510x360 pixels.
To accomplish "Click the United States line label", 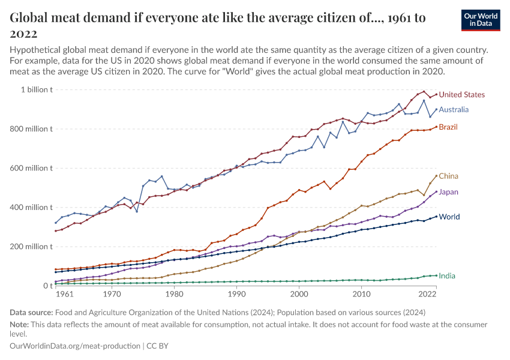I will [461, 95].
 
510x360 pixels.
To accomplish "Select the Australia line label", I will [454, 110].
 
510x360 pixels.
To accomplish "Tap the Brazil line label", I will [448, 127].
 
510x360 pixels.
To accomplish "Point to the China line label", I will [448, 176].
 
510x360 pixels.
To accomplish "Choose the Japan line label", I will [449, 192].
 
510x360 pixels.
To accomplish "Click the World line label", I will [449, 217].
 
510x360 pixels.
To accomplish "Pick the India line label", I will [446, 275].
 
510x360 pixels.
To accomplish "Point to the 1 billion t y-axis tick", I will [37, 90].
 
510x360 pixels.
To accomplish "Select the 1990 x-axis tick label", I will [236, 295].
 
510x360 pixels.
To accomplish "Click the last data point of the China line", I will [436, 176].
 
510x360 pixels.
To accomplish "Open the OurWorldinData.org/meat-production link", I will [76, 346].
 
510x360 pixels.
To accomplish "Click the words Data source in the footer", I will [30, 312].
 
